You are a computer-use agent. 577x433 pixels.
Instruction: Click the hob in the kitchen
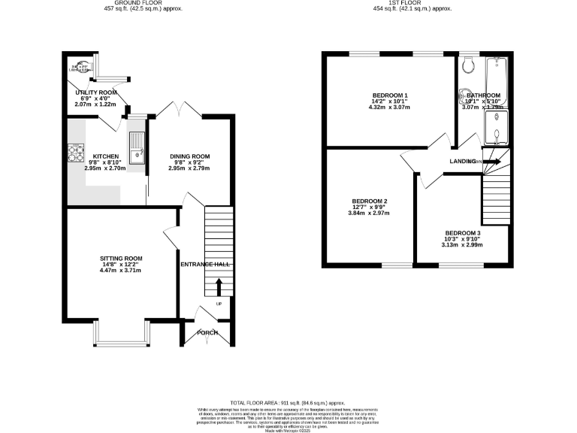coord(76,153)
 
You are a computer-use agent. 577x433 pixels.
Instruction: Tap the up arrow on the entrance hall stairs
coord(219,286)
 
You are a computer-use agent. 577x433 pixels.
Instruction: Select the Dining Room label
coord(189,156)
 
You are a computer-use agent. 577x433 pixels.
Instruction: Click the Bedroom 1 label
coord(390,95)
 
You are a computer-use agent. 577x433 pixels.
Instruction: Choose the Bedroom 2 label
coord(370,201)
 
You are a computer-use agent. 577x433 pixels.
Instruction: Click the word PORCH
coord(207,332)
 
